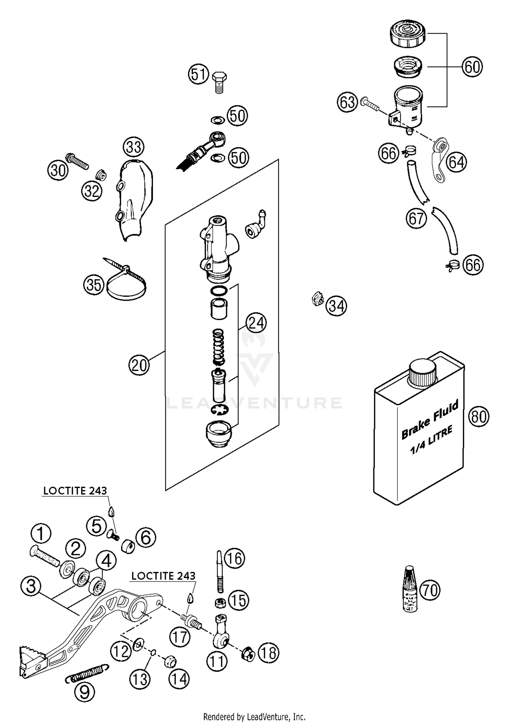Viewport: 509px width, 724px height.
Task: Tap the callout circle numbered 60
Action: (472, 67)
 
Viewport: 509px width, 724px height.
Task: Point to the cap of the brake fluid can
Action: (422, 373)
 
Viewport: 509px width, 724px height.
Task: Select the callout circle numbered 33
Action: (133, 147)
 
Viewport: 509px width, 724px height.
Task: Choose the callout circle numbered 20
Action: (139, 365)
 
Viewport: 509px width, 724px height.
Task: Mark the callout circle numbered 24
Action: (256, 322)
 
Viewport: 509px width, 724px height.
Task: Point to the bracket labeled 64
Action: (440, 159)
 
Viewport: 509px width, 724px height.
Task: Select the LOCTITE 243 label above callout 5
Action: (75, 491)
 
